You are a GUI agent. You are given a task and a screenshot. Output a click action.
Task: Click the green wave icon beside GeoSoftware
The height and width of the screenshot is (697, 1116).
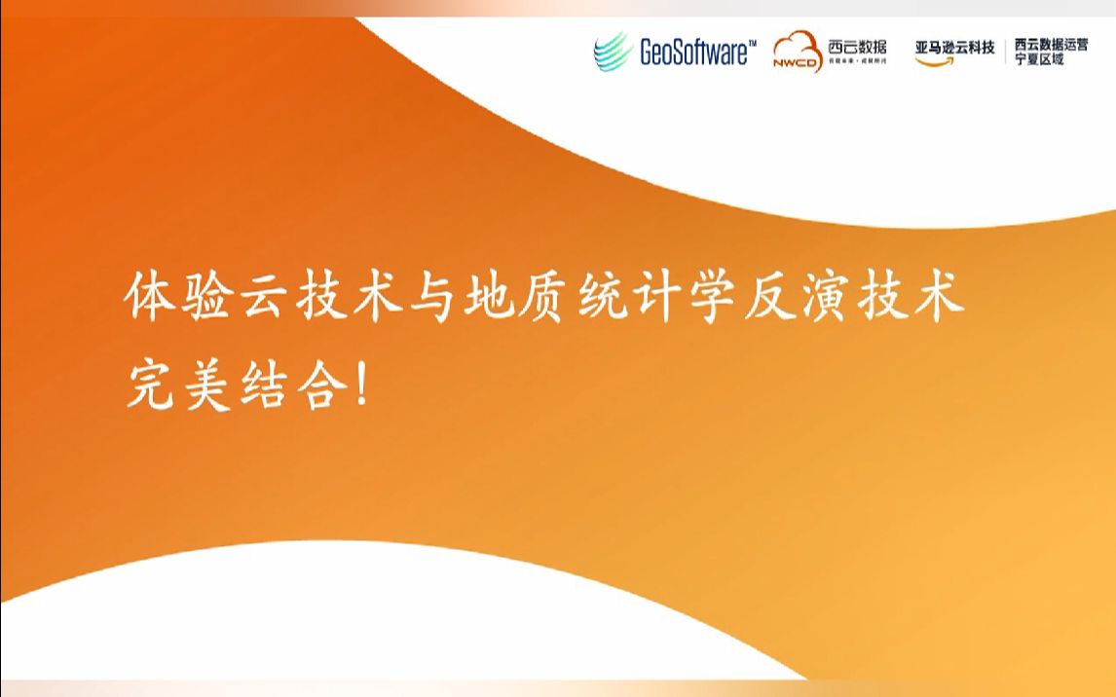point(614,51)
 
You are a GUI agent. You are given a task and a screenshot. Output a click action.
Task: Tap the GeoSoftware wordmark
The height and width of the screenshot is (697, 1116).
point(692,53)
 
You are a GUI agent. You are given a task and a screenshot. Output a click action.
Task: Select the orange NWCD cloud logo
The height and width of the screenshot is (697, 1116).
point(798,52)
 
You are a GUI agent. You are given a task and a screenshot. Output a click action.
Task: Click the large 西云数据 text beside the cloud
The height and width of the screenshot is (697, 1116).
point(857,46)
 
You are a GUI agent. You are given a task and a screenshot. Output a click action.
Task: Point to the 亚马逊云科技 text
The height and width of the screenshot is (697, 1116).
point(954,47)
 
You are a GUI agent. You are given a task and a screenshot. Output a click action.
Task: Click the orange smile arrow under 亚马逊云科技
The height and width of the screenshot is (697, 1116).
point(935,61)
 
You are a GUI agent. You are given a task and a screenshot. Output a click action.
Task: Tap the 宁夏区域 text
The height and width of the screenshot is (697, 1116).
point(1039,59)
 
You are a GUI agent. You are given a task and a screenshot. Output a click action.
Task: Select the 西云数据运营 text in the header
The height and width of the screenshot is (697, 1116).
point(1051,44)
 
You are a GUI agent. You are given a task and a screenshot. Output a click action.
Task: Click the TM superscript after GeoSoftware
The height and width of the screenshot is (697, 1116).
point(751,43)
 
